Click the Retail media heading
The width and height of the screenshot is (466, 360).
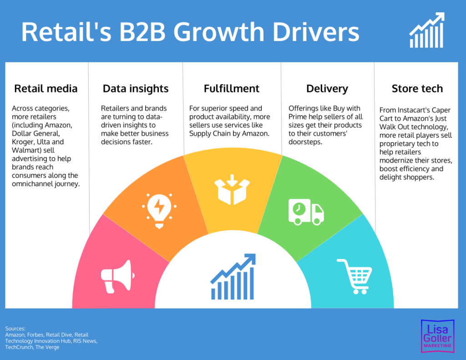click(46, 88)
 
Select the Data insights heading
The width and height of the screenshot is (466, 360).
click(136, 88)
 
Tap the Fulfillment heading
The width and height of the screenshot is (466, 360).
click(232, 88)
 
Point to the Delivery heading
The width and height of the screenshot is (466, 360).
click(327, 88)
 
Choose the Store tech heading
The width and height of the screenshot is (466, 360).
click(417, 88)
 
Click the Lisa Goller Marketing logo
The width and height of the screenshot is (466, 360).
click(436, 335)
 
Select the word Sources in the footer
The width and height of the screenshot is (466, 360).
click(15, 329)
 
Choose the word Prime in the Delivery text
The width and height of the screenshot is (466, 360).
click(298, 117)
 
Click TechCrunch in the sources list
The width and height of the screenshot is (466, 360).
click(19, 347)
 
